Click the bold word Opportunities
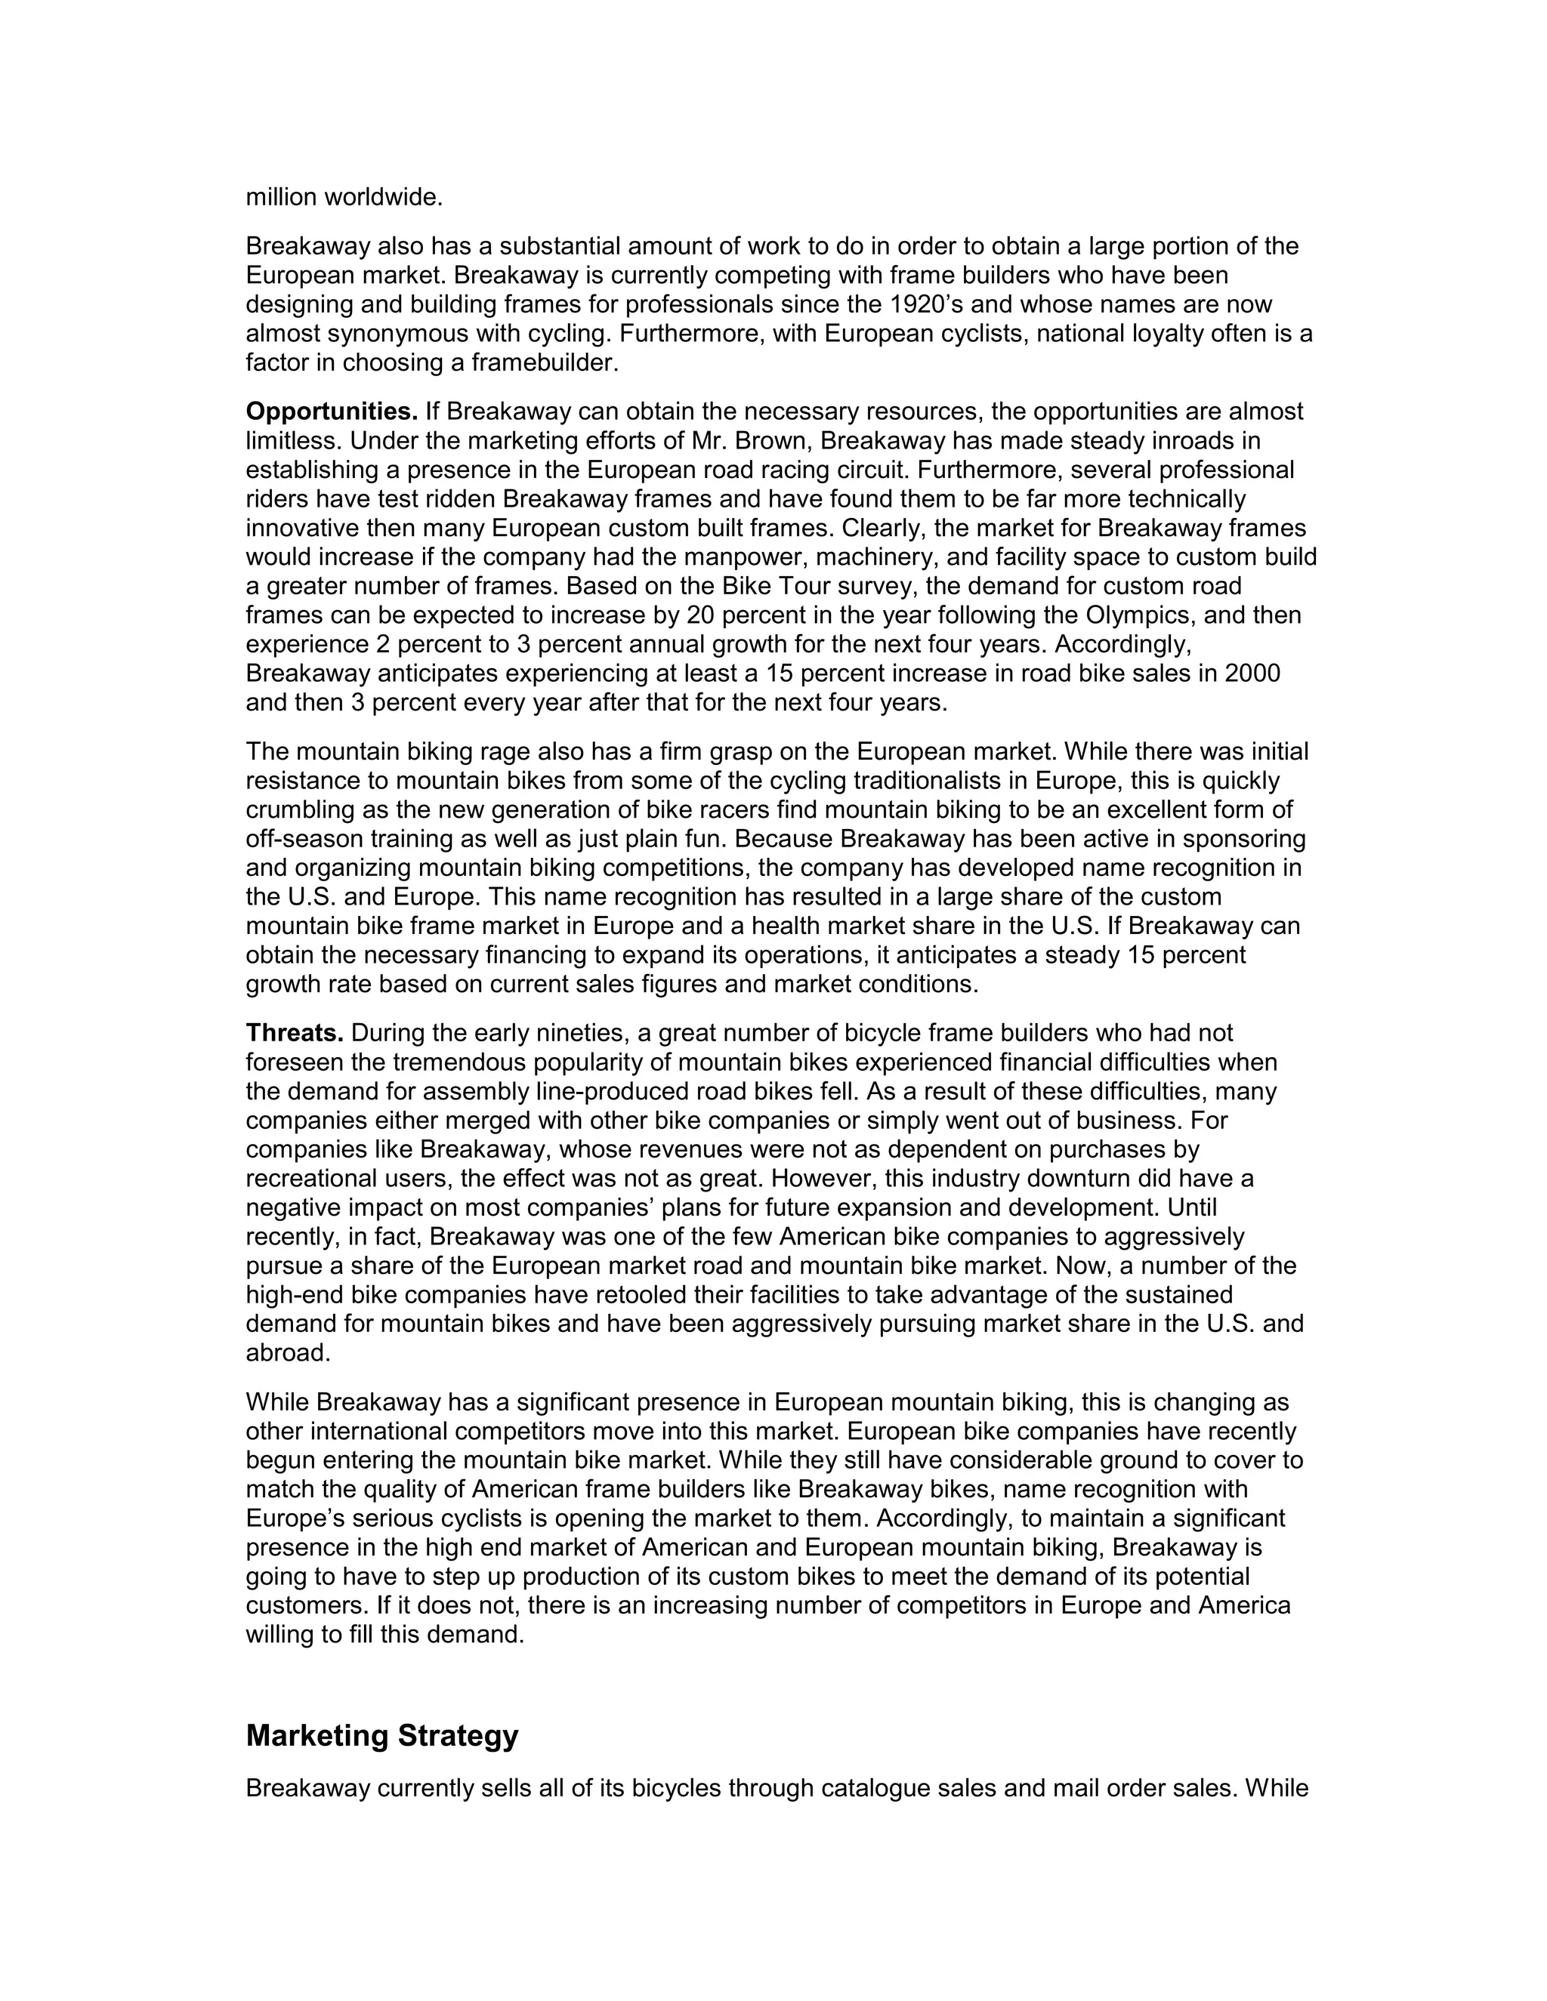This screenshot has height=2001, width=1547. tap(332, 412)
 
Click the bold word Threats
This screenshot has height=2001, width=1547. tap(294, 1034)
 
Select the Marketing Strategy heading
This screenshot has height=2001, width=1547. tap(382, 1735)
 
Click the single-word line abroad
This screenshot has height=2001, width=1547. tap(288, 1353)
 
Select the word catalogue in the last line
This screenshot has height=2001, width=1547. tap(875, 1788)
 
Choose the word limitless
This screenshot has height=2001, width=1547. tap(293, 441)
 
